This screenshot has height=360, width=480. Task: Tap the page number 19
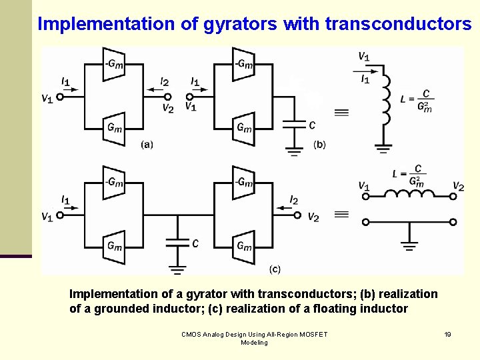coord(447,334)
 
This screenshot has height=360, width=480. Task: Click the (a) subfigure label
coord(147,144)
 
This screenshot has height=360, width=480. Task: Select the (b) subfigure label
coord(319,145)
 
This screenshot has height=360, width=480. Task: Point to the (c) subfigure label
coord(275,269)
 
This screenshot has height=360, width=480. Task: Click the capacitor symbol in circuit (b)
coord(292,124)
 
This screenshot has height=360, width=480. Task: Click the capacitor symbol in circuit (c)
coord(177,244)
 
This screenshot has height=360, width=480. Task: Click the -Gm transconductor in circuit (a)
coord(115,64)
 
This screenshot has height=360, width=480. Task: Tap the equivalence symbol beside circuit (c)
coord(341,214)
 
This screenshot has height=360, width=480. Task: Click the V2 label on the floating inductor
coord(458,186)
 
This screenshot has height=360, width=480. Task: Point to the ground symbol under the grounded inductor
coord(383,148)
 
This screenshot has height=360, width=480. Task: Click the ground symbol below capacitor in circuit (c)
coord(177,269)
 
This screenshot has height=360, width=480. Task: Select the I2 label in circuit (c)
coord(294,200)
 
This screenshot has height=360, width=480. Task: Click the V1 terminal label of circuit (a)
coord(47,99)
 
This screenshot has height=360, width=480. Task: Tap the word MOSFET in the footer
coord(309,334)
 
